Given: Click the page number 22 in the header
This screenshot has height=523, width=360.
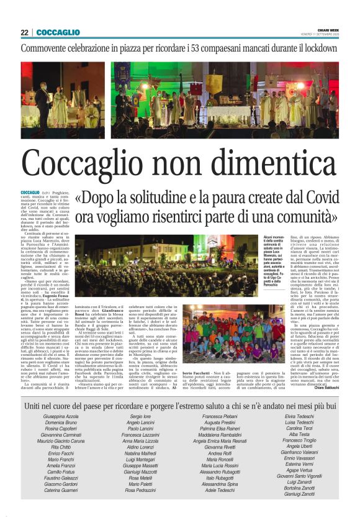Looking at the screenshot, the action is tap(24, 32).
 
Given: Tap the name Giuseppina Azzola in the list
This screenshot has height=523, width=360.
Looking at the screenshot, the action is tap(61, 398).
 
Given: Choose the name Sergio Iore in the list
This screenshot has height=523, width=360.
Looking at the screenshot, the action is tap(140, 398).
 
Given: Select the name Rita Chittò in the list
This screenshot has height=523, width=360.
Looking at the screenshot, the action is tap(61, 430).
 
